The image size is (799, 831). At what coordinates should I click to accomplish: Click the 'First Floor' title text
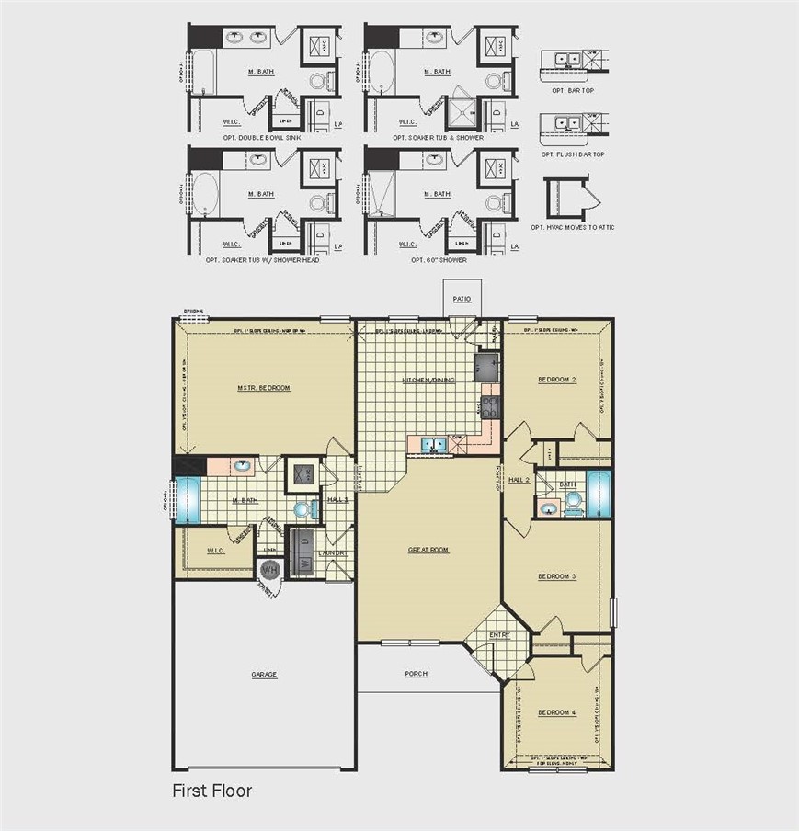click(x=211, y=791)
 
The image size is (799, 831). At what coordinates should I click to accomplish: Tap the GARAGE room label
click(x=264, y=674)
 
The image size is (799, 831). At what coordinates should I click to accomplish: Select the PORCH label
click(x=417, y=674)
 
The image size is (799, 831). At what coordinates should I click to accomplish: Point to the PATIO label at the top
click(x=462, y=299)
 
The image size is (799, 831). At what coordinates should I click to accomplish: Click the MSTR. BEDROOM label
click(x=264, y=388)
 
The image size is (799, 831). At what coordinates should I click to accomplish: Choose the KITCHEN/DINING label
click(x=428, y=379)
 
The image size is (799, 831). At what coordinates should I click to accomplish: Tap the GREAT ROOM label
click(x=428, y=550)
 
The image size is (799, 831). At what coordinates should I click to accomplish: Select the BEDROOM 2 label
click(x=556, y=379)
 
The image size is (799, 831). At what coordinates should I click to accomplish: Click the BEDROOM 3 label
click(x=556, y=576)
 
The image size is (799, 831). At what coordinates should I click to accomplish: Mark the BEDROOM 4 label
click(x=556, y=712)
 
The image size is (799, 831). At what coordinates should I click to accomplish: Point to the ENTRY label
click(x=499, y=634)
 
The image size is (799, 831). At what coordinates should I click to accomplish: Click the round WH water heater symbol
click(x=269, y=571)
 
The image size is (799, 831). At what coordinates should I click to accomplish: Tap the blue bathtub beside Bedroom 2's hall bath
click(x=599, y=495)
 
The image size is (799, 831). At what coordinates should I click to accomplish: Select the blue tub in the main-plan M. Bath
click(x=188, y=499)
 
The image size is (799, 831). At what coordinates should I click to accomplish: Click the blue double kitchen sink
click(x=435, y=446)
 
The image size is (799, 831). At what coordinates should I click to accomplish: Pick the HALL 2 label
click(x=519, y=480)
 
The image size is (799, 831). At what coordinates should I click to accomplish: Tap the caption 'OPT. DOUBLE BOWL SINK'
click(x=261, y=137)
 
